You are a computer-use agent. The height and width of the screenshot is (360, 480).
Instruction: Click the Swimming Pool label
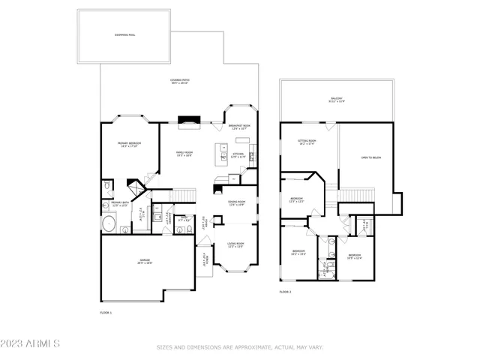click(x=125, y=34)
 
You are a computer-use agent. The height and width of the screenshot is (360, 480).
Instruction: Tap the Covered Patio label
click(x=180, y=81)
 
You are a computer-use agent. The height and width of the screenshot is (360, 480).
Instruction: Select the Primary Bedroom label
click(x=129, y=145)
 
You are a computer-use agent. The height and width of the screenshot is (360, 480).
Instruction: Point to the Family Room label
click(x=184, y=154)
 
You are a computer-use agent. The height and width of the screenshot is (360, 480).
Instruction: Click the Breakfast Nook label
click(x=239, y=127)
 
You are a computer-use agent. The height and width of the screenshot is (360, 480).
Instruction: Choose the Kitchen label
click(x=238, y=155)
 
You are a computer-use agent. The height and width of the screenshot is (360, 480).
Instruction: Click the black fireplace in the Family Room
click(x=189, y=118)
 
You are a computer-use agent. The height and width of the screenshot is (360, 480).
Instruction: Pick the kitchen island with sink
click(x=223, y=154)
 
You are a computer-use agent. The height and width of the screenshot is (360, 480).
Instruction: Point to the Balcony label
click(x=336, y=100)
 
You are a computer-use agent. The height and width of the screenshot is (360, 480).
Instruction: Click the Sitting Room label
click(x=307, y=142)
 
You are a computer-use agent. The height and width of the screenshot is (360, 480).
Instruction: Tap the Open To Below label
click(x=367, y=158)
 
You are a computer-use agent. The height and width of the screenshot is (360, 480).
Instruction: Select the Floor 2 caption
click(x=285, y=292)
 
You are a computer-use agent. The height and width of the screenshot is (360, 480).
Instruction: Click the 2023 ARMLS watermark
click(x=31, y=344)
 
